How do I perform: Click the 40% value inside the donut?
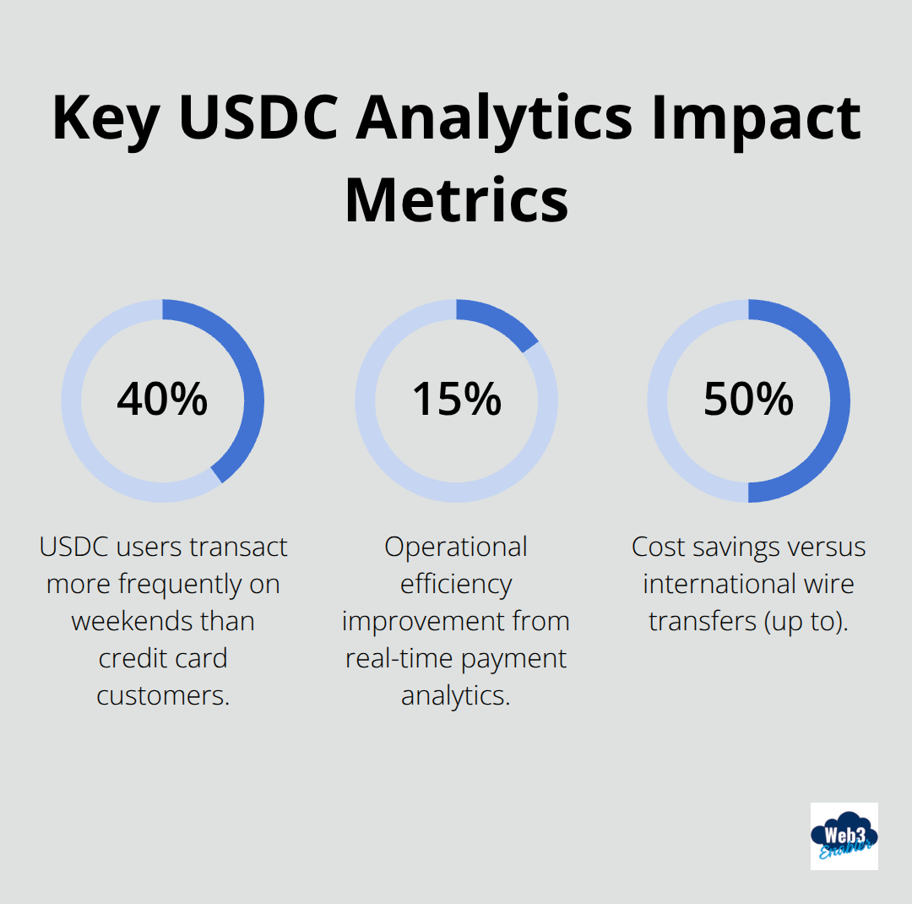click(x=162, y=400)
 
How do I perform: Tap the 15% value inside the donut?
click(x=456, y=400)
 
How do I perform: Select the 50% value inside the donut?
click(x=748, y=400)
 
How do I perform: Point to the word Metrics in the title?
click(x=456, y=200)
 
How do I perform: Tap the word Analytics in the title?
click(x=494, y=117)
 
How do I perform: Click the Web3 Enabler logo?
click(x=844, y=836)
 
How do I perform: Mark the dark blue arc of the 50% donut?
click(x=839, y=400)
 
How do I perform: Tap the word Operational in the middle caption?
click(x=456, y=547)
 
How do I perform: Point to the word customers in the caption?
click(x=163, y=695)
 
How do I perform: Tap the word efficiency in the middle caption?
click(x=456, y=584)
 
